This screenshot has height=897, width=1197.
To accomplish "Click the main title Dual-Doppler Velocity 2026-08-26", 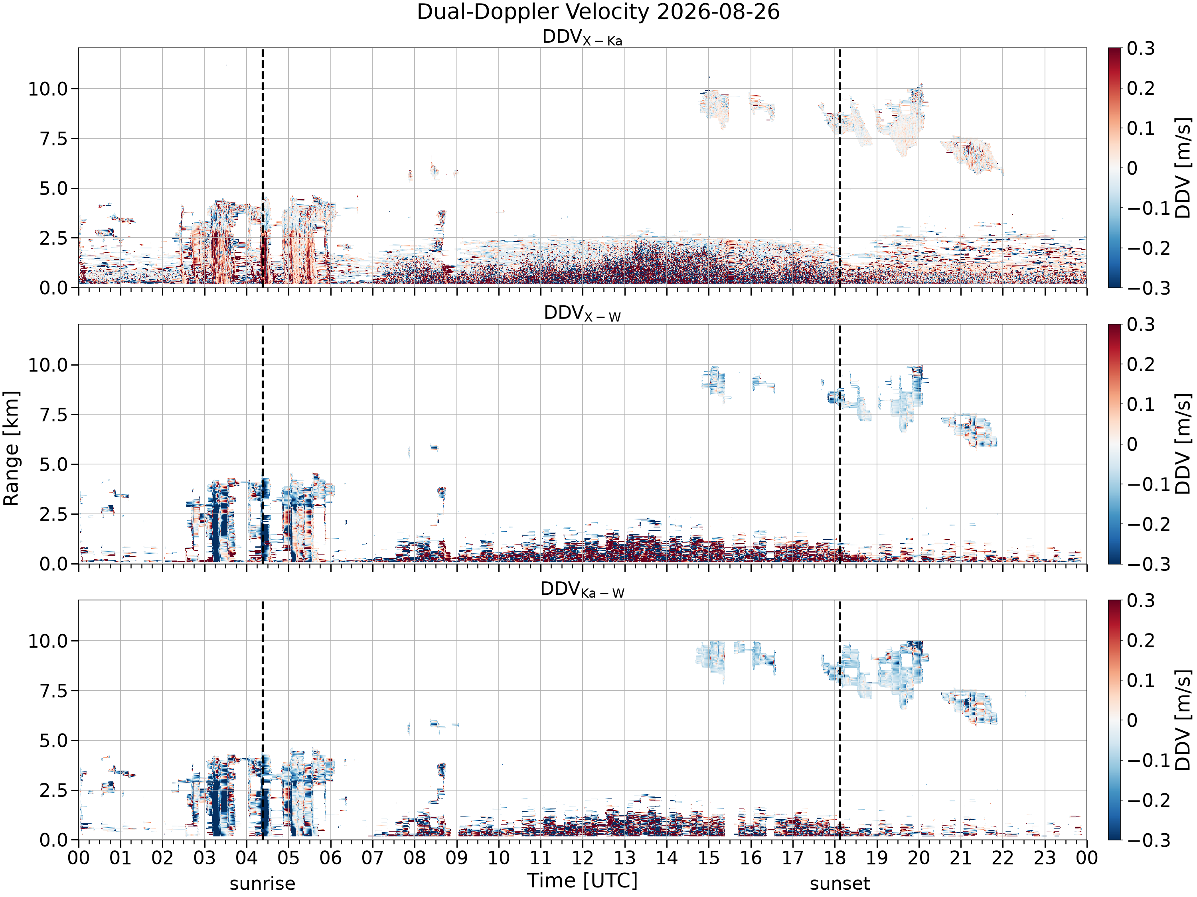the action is point(598,12).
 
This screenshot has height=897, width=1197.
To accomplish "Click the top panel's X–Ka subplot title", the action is point(582,38).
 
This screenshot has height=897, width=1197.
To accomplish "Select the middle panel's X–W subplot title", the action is point(582,314).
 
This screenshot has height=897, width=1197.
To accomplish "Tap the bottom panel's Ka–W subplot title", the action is point(582,590).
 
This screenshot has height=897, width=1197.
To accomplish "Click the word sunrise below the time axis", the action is point(263,884).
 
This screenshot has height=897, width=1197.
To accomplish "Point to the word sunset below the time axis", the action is point(840,884).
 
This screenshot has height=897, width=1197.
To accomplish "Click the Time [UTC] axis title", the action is point(582,880).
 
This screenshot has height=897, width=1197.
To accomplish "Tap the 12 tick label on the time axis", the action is point(583,858).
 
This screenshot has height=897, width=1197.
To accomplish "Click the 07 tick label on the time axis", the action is point(373,858).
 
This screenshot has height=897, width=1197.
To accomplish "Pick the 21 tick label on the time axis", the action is point(960,858).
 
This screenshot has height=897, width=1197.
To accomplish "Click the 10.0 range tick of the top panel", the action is point(48,89).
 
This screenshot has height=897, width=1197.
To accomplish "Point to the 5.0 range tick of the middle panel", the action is point(53,464).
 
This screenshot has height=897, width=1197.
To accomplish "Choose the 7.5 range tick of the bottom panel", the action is point(53,690).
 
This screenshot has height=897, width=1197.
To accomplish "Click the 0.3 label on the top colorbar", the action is point(1141,49).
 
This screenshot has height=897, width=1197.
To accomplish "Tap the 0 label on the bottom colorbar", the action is point(1132,720).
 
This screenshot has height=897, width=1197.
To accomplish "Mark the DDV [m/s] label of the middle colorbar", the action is point(1183,444).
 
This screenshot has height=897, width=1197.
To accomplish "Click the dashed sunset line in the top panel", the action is point(840,167).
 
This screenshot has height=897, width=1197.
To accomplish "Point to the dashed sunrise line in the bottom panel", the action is point(263,720).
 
